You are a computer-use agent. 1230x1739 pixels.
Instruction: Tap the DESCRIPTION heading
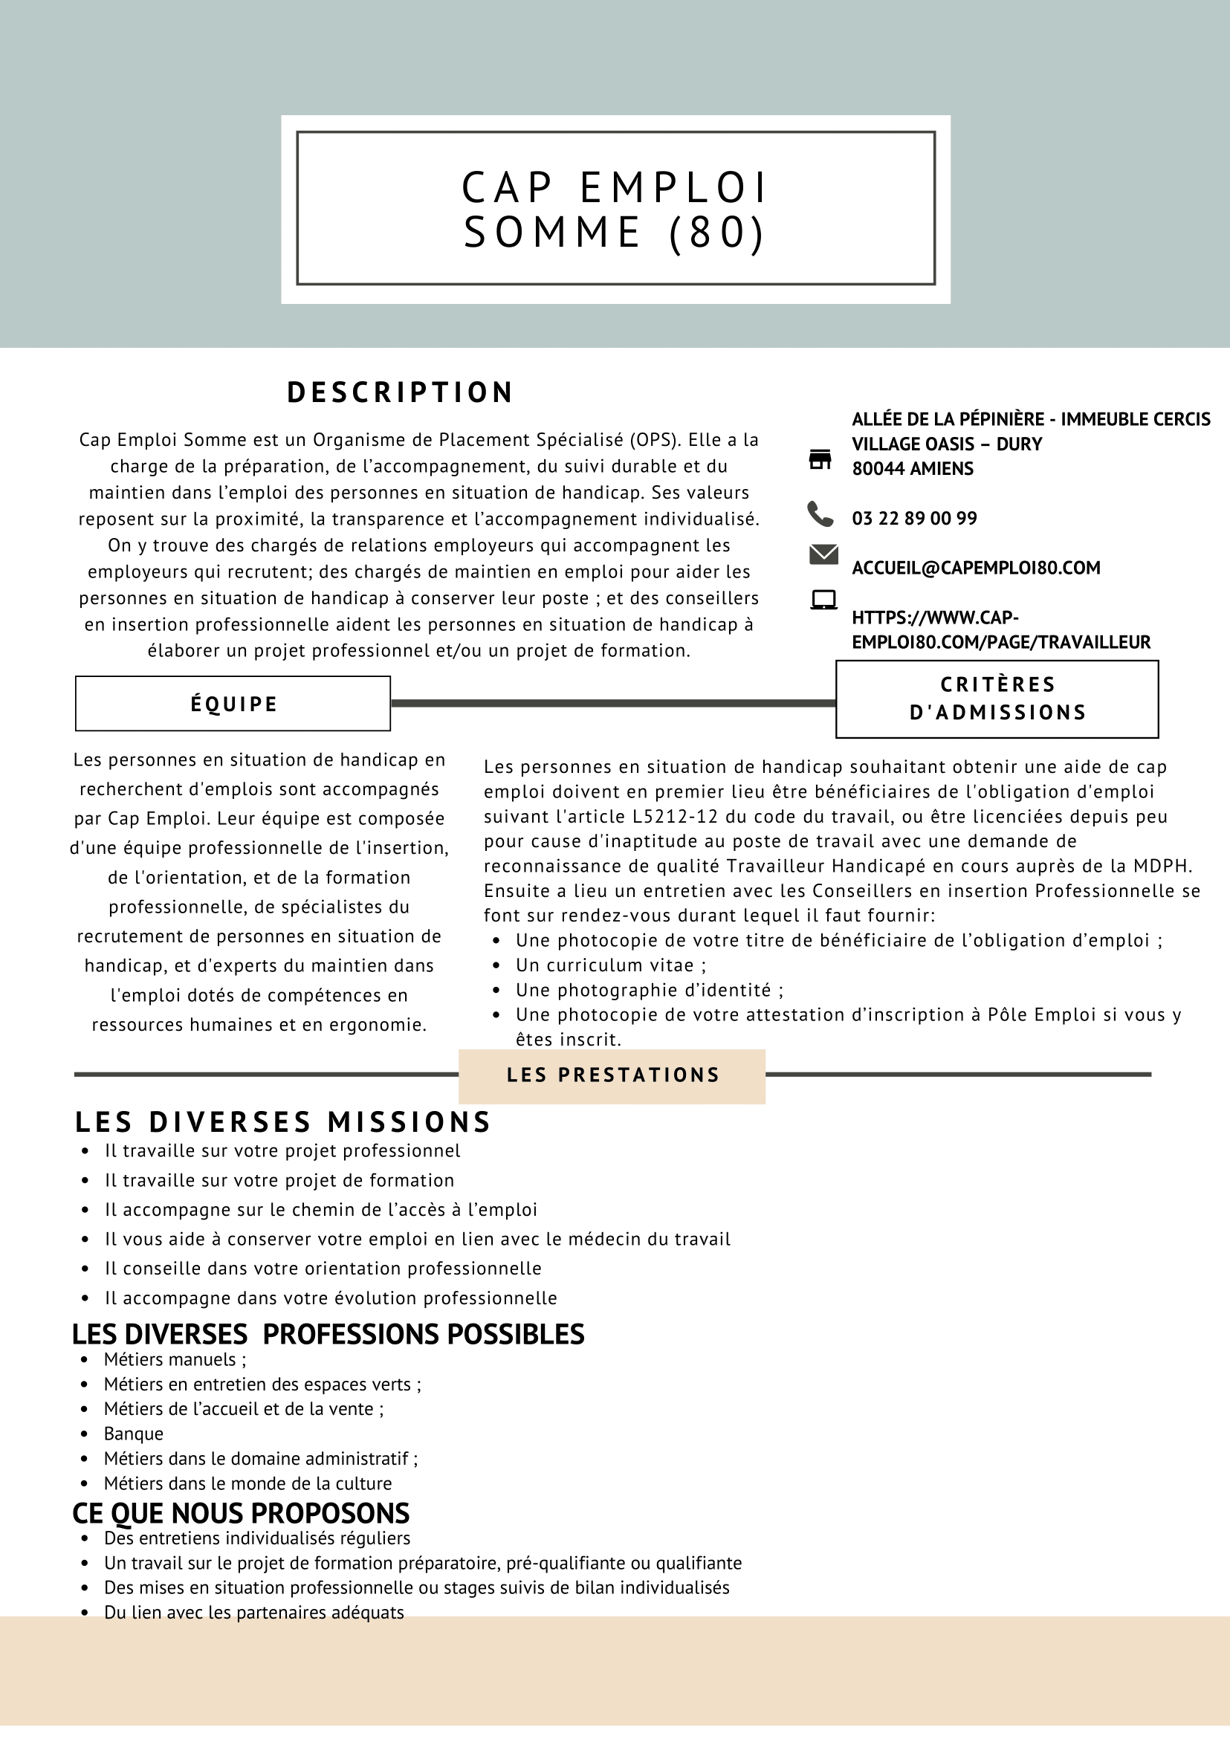coord(400,392)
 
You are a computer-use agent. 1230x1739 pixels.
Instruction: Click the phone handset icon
coord(820,514)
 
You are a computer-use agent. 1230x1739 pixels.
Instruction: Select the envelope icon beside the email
coord(823,554)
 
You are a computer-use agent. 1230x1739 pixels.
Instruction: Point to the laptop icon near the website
coord(823,600)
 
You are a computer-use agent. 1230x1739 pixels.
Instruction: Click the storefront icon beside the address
coord(820,459)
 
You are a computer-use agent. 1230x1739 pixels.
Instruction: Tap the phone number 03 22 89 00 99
coord(914,518)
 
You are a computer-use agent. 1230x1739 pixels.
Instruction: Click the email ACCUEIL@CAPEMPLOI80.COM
coord(976,568)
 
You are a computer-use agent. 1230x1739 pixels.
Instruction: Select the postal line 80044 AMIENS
coord(913,469)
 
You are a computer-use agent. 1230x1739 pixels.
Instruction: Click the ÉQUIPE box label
coord(233,704)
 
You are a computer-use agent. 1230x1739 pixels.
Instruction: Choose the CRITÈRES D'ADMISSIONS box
coord(997,699)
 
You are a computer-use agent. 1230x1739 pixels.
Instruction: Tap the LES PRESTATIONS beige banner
coord(612,1075)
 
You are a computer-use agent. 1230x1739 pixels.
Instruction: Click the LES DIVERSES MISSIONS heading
coord(283,1121)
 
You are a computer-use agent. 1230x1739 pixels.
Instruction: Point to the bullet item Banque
coord(133,1434)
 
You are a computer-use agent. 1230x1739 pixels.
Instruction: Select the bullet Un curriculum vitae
coord(610,965)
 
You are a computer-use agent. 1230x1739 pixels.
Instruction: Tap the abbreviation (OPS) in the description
coord(653,440)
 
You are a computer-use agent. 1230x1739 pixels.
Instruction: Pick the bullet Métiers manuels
coord(174,1359)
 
